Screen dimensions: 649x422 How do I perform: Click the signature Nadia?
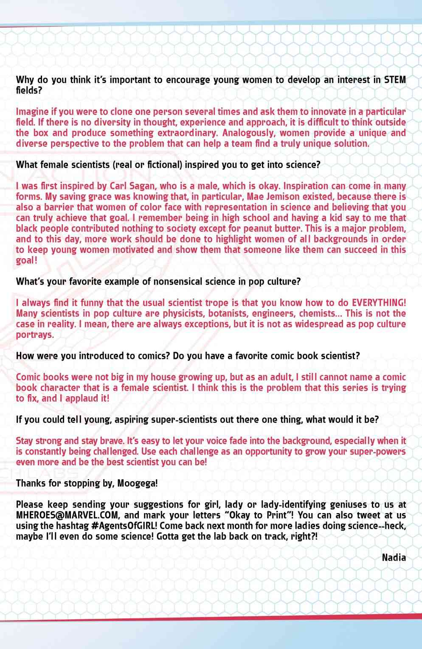click(x=394, y=557)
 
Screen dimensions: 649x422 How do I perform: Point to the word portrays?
click(x=35, y=335)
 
